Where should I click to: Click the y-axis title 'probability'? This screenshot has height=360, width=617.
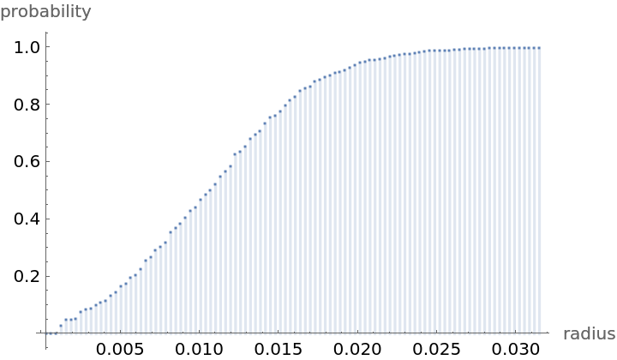tap(45, 12)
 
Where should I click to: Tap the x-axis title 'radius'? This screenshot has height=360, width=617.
tap(589, 334)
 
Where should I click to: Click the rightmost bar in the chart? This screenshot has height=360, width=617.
tap(539, 189)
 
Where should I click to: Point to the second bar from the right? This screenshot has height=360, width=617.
tap(534, 189)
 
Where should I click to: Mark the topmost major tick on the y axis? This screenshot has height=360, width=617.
tap(47, 46)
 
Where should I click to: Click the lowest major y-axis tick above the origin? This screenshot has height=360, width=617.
tap(47, 276)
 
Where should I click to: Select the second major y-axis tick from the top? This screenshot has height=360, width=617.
tap(47, 104)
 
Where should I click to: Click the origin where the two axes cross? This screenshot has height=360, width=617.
tap(46, 333)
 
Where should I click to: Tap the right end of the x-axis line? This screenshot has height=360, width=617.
tap(548, 333)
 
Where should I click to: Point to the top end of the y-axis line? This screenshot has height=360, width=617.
tap(46, 33)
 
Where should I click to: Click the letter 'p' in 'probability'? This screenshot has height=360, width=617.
tap(5, 14)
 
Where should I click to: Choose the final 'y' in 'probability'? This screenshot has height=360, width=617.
tap(86, 14)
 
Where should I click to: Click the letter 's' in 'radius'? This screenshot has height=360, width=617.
tap(611, 335)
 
